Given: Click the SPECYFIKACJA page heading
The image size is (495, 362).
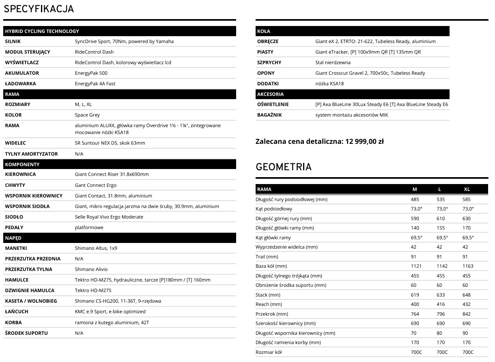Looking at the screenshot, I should tap(39, 9).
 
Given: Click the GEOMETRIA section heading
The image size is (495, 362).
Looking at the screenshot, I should tap(284, 167).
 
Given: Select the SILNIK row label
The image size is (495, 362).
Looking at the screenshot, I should tap(13, 41).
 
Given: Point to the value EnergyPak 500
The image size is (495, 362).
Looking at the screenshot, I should tap(91, 73).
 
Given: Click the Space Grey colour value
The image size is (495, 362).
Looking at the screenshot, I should tap(87, 115).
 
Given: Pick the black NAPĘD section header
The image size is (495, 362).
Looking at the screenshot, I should tap(119, 238).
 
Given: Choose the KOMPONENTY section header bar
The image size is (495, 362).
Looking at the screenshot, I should tap(119, 164).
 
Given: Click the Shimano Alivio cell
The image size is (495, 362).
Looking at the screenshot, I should tap(91, 269).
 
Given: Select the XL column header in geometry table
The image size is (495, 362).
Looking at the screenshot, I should tap(467, 189).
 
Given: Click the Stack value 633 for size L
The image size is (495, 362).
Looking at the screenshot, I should tap(441, 295).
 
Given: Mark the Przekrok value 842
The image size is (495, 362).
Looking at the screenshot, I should tap(467, 314).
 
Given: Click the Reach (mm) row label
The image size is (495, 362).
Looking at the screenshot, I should tap(269, 304).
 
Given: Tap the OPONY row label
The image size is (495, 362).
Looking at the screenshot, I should tap(266, 73).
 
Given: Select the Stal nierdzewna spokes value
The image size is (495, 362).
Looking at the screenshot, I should tap(333, 63).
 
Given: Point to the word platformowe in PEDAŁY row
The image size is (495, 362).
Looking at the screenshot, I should tap(89, 228).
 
